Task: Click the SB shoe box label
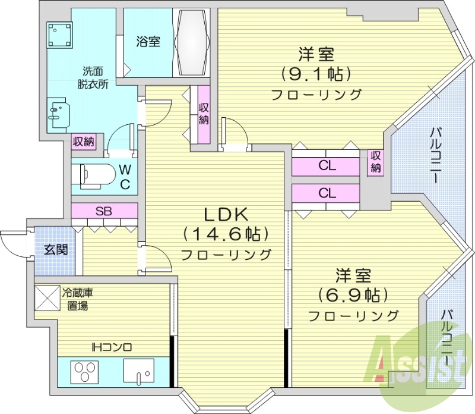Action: pos(104,211)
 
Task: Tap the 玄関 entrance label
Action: pos(55,249)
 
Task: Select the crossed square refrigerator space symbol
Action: pos(47,299)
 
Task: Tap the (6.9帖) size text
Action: pos(353,294)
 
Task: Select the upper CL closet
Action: pos(325,166)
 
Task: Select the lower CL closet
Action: pos(325,193)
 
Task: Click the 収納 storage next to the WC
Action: pos(84,142)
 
